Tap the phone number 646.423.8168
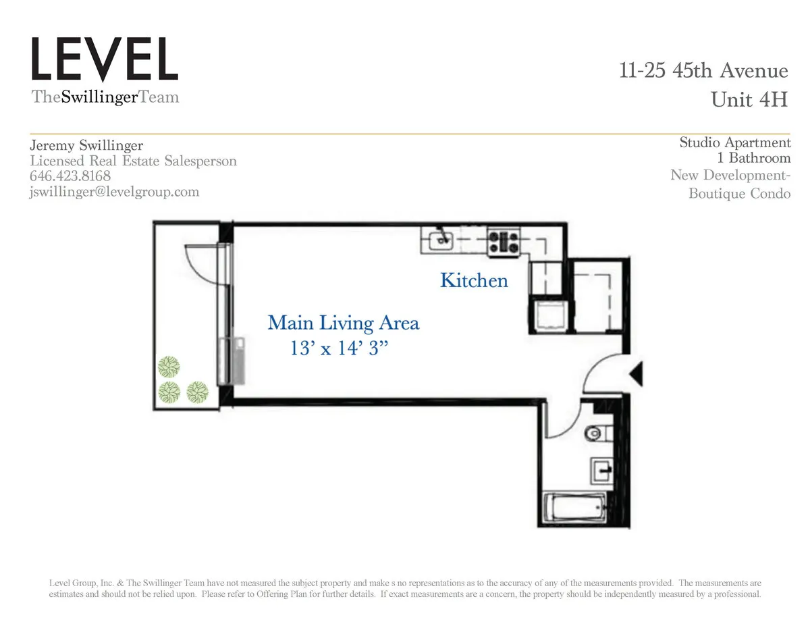click(71, 176)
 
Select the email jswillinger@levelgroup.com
click(115, 192)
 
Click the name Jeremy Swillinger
click(86, 145)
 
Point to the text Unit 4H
click(749, 100)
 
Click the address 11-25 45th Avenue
click(703, 70)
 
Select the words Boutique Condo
click(739, 194)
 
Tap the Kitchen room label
click(474, 280)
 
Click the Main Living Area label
click(343, 323)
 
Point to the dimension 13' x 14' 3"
click(339, 348)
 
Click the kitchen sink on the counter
click(441, 238)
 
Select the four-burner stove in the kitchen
click(504, 242)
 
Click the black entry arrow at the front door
click(637, 373)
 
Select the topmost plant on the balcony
click(169, 367)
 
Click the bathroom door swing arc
click(566, 422)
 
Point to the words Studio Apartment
click(734, 142)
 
